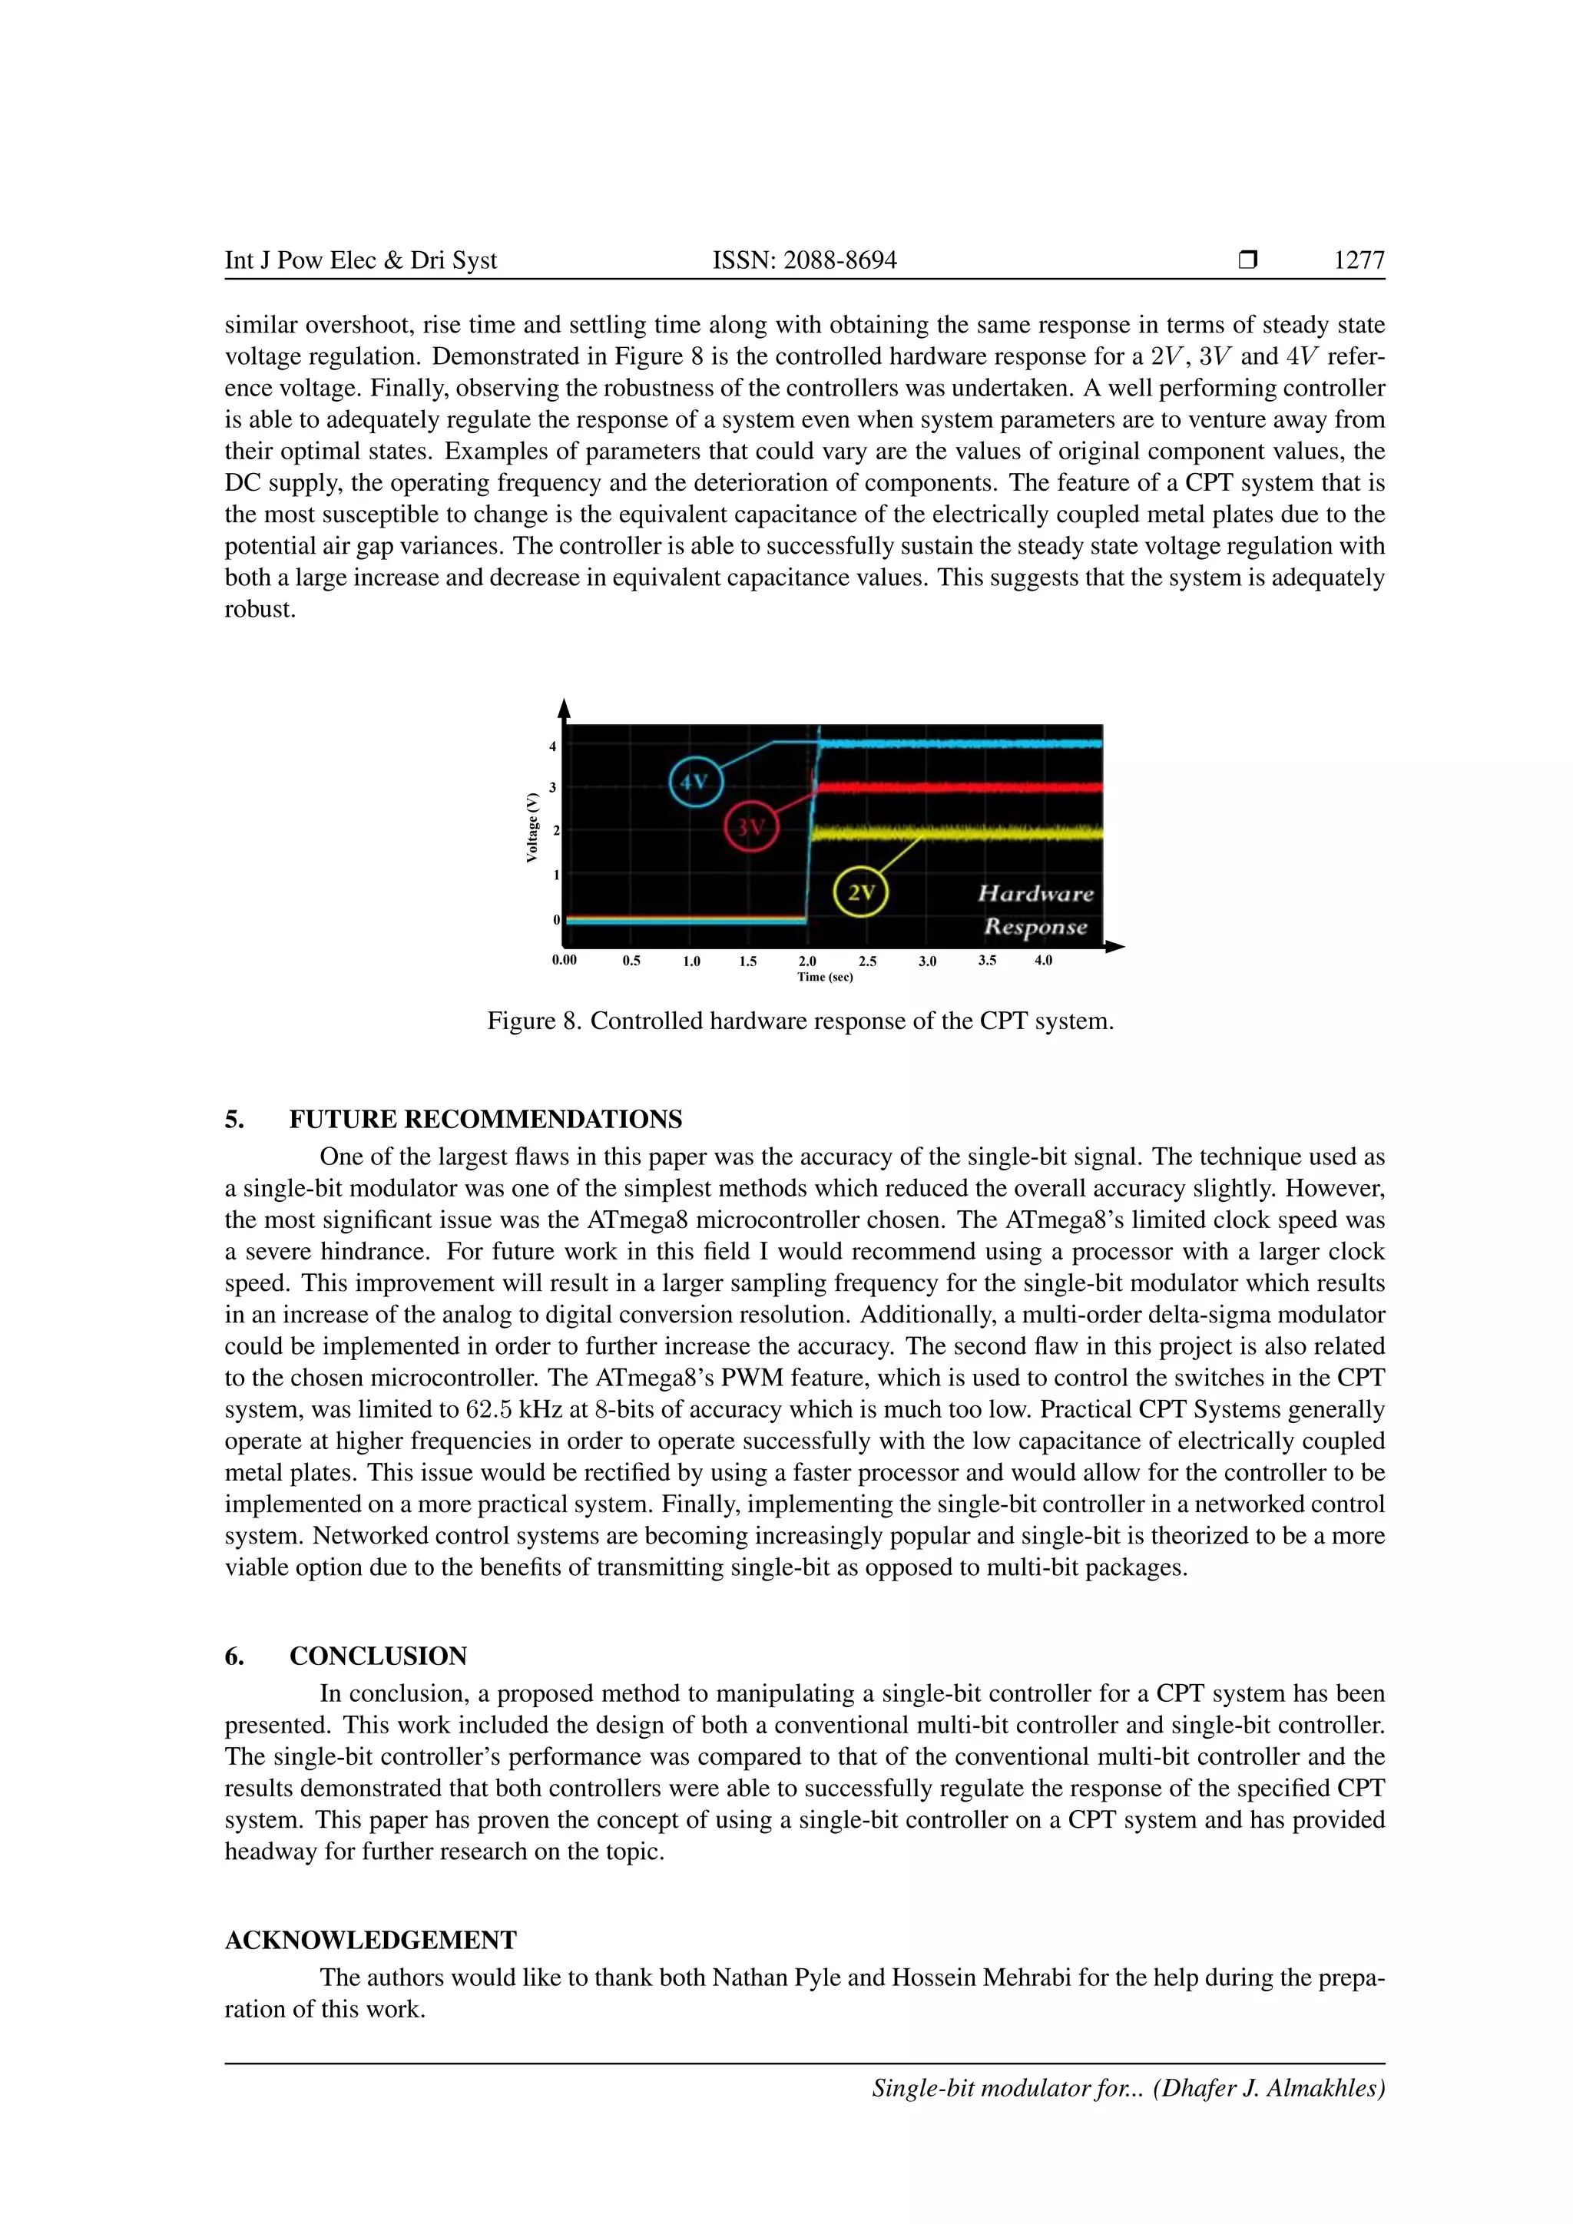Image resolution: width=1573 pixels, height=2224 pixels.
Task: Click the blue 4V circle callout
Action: click(695, 781)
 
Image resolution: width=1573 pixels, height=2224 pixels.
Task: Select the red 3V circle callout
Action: click(750, 826)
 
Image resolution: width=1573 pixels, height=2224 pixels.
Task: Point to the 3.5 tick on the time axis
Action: click(987, 961)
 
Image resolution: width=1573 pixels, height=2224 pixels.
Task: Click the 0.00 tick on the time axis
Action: click(565, 960)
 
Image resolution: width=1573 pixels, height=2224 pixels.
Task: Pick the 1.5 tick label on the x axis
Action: click(748, 961)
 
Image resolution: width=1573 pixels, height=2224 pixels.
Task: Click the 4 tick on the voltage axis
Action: click(553, 746)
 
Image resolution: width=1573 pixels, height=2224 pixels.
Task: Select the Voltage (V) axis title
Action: click(532, 827)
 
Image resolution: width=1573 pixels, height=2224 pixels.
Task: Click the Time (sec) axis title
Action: click(825, 978)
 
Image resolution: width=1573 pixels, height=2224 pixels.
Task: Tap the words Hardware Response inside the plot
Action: click(1035, 909)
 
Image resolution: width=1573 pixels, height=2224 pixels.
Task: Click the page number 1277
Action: click(1359, 260)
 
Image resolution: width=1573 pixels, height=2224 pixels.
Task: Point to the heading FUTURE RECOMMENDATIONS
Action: click(485, 1120)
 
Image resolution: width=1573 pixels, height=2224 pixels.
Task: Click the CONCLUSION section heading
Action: click(378, 1656)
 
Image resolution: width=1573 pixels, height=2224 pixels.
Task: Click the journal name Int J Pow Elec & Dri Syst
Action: click(360, 260)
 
